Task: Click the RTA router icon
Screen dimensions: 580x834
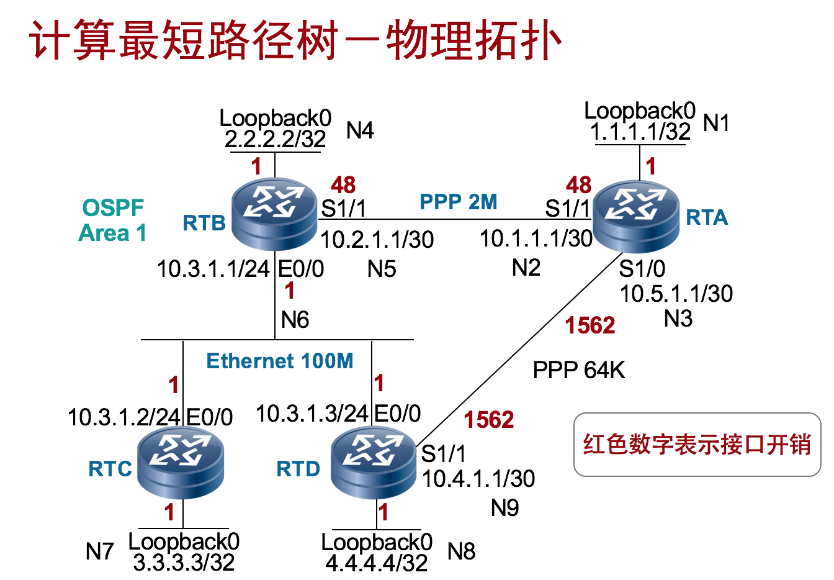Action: coord(636,215)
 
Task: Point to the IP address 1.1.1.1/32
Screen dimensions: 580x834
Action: coord(640,132)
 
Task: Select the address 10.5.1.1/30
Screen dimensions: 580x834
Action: coord(676,294)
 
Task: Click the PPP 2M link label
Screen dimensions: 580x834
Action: coord(459,202)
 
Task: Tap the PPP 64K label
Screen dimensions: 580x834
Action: coord(578,371)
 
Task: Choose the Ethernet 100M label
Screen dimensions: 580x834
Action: coord(280,361)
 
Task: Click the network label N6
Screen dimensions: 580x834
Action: coord(295,320)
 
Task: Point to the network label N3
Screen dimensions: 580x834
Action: coord(678,319)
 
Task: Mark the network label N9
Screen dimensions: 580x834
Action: coord(504,508)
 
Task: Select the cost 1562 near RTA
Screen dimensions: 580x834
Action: coord(590,325)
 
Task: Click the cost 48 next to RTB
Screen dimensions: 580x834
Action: coord(343,184)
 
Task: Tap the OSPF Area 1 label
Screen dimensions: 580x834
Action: coord(113,220)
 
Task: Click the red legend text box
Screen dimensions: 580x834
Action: coord(697,445)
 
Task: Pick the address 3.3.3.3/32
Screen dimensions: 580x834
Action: coord(184,563)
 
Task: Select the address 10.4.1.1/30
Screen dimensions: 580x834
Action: coord(478,479)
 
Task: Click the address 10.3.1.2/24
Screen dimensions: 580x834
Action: coord(124,417)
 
